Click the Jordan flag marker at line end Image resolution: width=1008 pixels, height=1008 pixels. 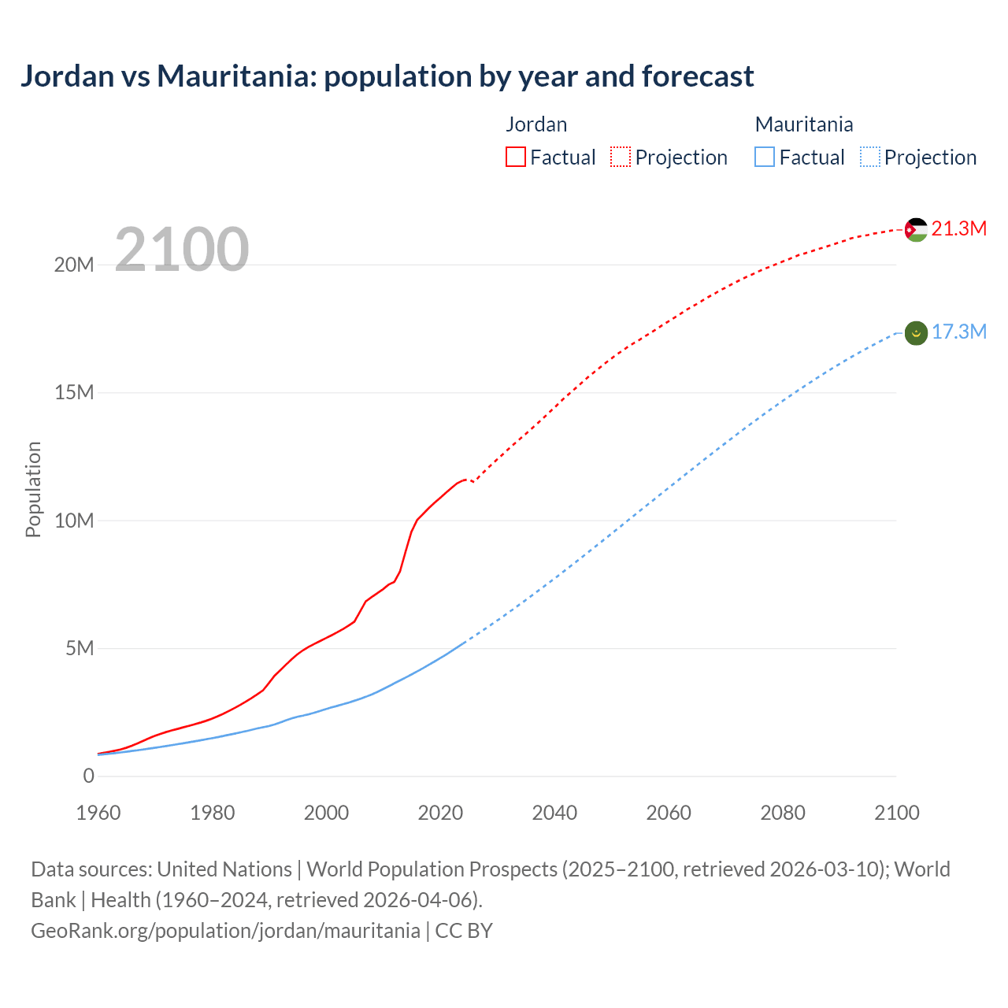coord(916,230)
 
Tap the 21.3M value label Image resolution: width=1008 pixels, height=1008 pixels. coord(958,228)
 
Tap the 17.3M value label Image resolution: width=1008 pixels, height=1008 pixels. coord(958,332)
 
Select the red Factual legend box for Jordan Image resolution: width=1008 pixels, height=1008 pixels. coord(516,157)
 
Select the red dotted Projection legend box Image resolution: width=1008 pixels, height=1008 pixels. coord(621,157)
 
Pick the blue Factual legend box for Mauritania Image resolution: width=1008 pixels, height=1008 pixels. coord(765,157)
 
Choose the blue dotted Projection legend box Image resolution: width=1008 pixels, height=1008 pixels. coord(870,157)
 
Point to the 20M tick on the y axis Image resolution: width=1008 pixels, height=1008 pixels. coord(74,265)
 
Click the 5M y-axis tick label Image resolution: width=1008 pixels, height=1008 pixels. coord(80,649)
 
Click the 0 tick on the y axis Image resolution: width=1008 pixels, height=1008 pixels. coord(89,776)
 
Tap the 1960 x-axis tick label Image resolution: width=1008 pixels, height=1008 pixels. coord(98,813)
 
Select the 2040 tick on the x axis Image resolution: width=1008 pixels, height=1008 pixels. coord(554,813)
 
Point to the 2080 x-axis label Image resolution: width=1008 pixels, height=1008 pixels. coord(783,813)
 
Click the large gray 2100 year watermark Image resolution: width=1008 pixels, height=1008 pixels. coord(182,250)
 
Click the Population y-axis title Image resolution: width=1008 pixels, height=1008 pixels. coord(33,489)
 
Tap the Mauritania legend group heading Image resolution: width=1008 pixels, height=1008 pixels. coord(804,124)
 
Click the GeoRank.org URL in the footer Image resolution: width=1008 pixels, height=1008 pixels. coord(225,931)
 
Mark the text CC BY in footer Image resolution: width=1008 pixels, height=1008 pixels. coord(464,931)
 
